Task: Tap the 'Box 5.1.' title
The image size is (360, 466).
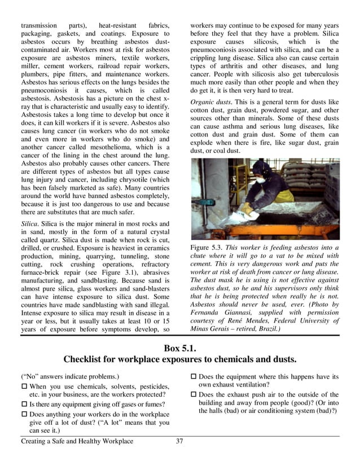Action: (179, 348)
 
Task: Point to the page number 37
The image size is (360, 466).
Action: (179, 441)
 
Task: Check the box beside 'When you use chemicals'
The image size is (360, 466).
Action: (24, 385)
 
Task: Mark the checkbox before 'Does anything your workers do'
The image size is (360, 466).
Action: (24, 413)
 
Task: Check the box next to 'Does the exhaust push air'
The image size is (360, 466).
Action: (194, 394)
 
